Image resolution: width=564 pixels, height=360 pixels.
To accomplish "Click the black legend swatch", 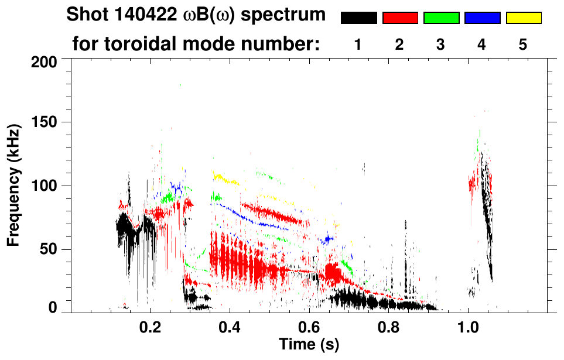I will click(358, 18).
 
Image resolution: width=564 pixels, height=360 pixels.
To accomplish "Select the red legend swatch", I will click(400, 18).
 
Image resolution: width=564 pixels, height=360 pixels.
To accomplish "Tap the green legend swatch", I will click(441, 18).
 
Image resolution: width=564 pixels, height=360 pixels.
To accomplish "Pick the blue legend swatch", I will click(482, 18).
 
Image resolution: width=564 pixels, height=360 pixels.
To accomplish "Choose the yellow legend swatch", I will click(524, 18).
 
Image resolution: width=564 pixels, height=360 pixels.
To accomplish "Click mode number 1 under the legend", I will click(357, 44).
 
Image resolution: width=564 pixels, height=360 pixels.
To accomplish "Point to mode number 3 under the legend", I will click(440, 44).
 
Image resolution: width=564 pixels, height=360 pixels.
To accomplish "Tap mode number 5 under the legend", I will click(523, 44).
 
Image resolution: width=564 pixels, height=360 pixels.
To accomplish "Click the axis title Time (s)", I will click(309, 345).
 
